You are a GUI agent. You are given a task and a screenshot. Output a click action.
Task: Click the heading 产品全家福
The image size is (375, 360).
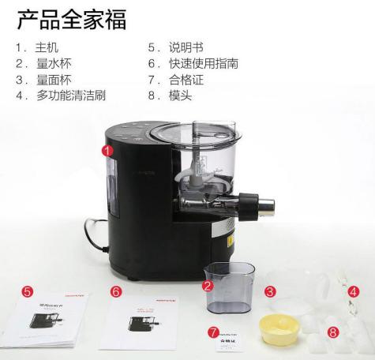coord(72,20)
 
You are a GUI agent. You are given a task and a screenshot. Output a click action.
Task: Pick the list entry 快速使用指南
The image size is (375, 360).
coord(196,65)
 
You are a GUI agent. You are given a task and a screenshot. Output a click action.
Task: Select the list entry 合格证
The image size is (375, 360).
coord(181,81)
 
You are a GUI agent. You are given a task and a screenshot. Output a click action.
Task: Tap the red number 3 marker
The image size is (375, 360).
coord(270,292)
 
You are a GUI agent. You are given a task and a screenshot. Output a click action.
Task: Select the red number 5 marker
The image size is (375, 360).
coord(28,291)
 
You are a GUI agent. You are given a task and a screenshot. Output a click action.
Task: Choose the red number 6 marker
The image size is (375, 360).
coord(116,292)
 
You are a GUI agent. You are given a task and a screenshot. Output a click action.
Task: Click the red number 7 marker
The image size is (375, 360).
coord(215,332)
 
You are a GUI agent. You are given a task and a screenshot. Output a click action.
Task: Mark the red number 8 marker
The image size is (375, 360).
coord(332,332)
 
